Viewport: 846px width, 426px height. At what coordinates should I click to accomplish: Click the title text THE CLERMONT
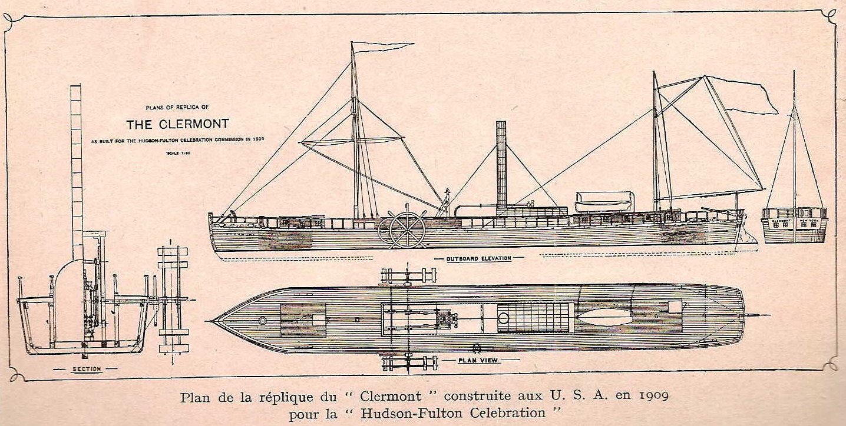178,125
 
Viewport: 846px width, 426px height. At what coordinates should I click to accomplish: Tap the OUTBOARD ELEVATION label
478,258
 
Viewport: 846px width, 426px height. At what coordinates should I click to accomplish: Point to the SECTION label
87,369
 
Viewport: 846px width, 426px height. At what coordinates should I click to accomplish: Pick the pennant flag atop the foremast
383,46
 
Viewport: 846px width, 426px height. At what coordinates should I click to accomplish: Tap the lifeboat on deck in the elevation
604,201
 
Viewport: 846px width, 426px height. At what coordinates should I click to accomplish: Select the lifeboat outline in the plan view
604,317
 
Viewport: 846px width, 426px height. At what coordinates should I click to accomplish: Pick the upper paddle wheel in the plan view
409,275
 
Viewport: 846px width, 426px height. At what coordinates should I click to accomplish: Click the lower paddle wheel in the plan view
409,363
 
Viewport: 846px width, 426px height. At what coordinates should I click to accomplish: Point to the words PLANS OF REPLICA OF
177,108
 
